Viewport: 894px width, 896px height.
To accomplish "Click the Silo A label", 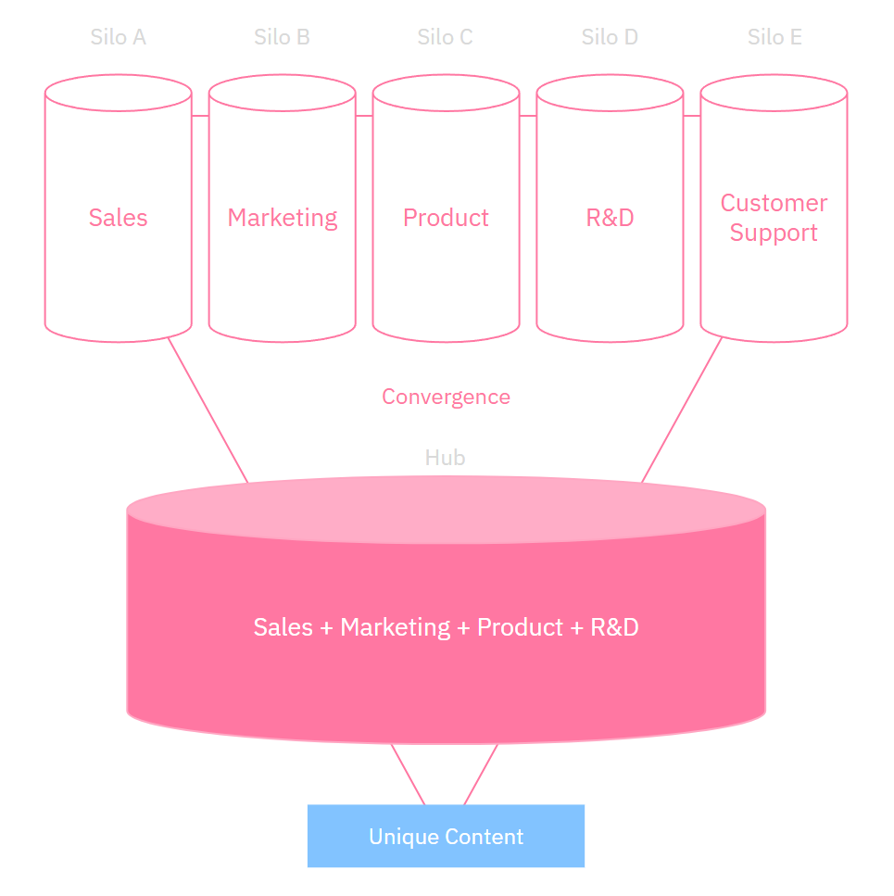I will [x=118, y=38].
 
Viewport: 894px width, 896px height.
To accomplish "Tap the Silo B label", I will [x=282, y=38].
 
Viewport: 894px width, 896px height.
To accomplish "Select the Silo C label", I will [x=445, y=38].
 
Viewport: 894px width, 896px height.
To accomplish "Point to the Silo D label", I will [x=610, y=38].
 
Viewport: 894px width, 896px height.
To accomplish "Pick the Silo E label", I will [x=774, y=38].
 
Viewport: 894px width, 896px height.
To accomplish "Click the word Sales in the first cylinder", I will [x=118, y=218].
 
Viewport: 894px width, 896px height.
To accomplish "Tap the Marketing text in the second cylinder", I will [x=283, y=218].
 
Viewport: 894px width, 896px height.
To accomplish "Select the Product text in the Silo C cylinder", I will [x=446, y=218].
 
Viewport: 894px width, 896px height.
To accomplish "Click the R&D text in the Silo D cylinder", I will [x=610, y=218].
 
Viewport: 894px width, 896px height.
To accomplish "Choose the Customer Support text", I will [x=774, y=218].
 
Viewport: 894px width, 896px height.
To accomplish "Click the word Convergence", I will [x=446, y=397].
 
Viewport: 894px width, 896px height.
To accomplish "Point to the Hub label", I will [x=445, y=458].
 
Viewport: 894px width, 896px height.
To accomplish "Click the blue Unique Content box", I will [x=446, y=837].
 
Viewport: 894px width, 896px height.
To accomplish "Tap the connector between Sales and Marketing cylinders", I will [x=200, y=116].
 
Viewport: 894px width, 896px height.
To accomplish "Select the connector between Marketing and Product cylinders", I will [x=364, y=116].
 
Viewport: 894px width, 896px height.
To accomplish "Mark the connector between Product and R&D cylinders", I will [x=528, y=116].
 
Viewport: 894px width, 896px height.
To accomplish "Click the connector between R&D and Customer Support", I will [x=692, y=116].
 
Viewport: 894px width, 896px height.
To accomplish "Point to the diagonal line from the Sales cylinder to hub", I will [x=208, y=410].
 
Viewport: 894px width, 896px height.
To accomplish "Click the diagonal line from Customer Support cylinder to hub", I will [x=682, y=410].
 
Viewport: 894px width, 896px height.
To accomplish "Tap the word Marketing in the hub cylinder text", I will [x=396, y=627].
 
